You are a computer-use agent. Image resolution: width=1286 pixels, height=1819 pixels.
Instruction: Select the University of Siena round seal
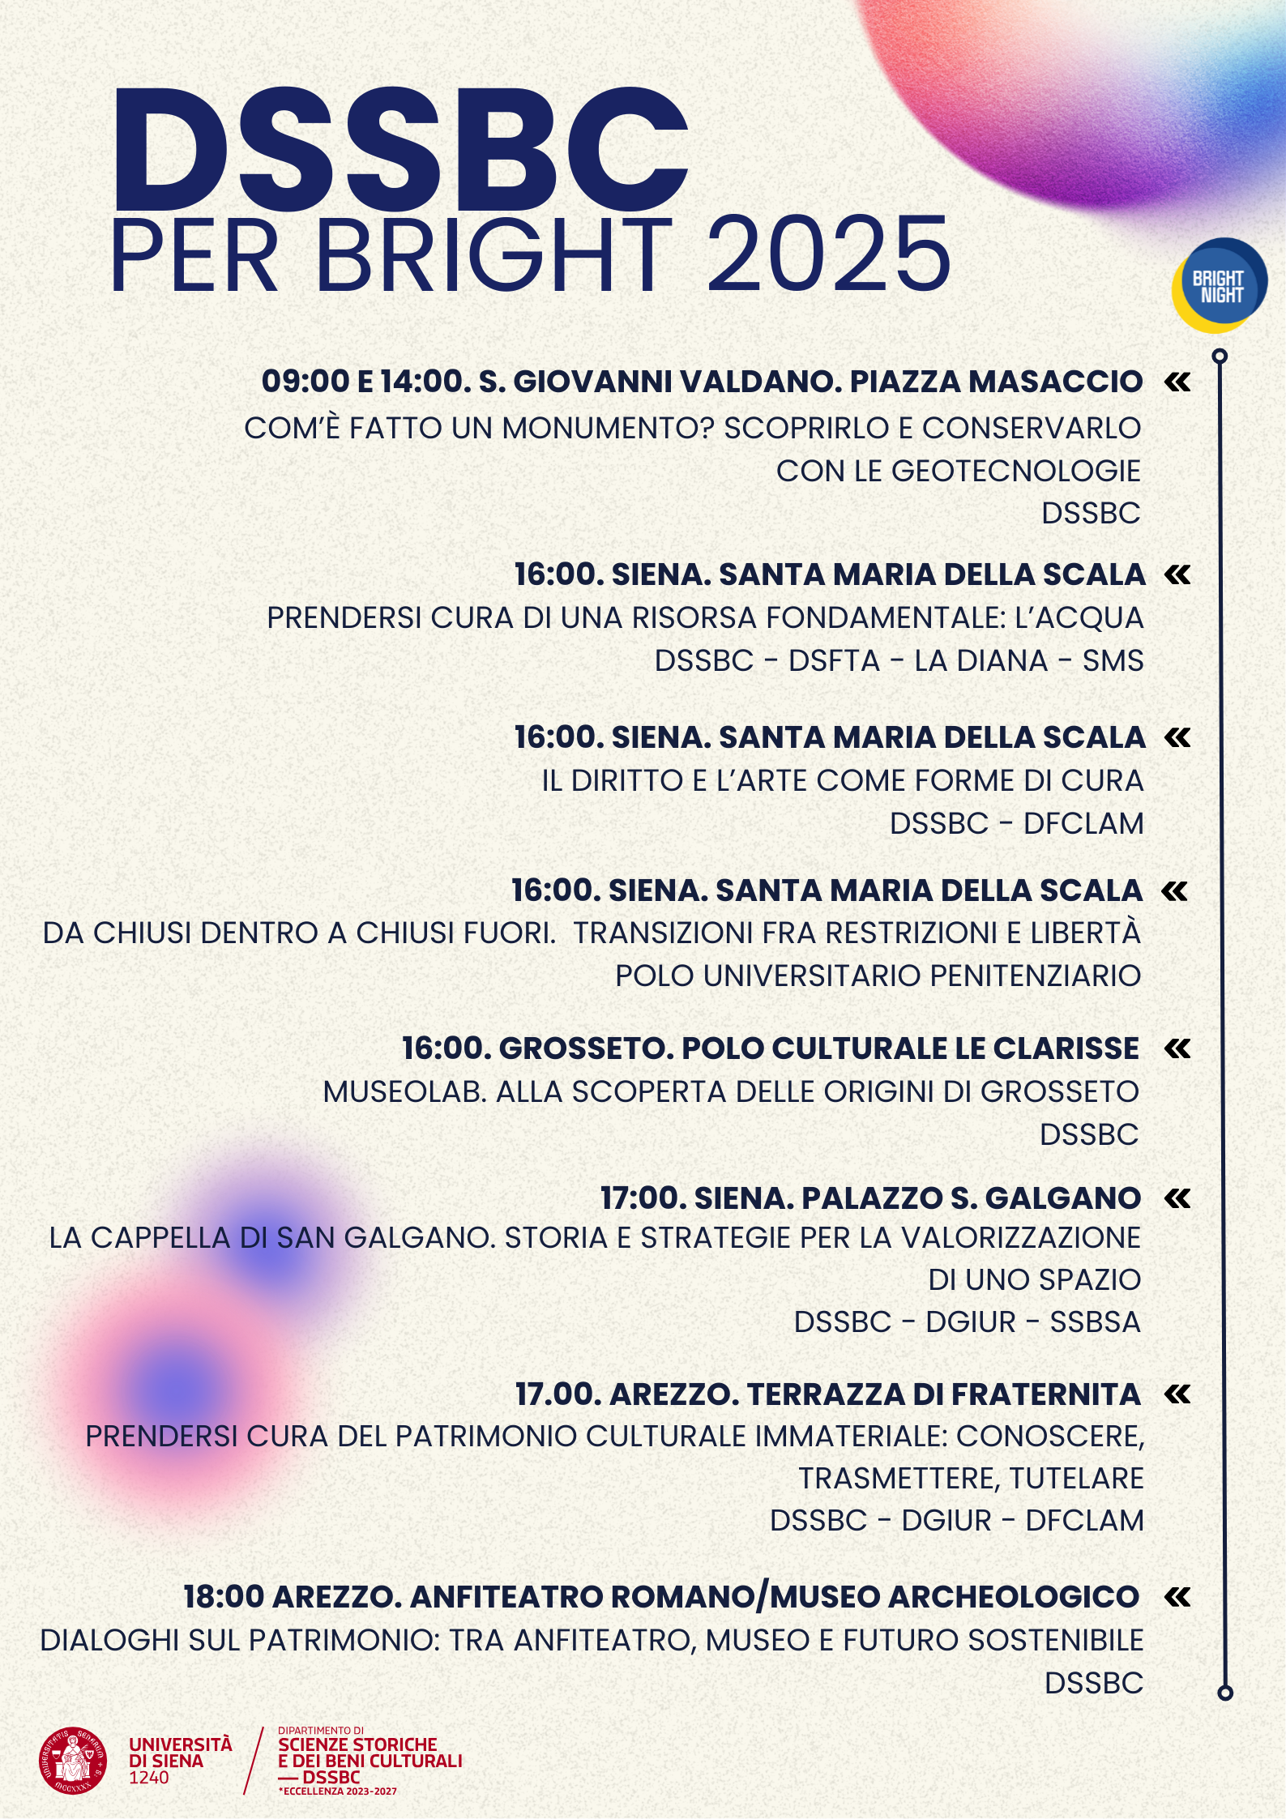[x=73, y=1761]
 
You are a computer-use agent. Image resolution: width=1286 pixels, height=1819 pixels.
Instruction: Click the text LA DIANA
[x=981, y=661]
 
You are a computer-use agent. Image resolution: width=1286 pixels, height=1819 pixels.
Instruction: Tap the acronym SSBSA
[x=1095, y=1322]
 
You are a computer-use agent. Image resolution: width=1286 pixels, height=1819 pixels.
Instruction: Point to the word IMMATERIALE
[x=852, y=1437]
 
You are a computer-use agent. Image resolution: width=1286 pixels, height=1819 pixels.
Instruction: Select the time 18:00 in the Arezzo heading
[x=224, y=1597]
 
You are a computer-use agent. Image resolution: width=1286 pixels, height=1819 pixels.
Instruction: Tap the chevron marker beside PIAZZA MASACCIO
[x=1177, y=382]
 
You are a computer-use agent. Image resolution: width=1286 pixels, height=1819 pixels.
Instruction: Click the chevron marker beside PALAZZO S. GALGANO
[x=1177, y=1198]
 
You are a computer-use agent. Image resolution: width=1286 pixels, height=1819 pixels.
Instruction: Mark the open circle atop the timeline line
[x=1220, y=357]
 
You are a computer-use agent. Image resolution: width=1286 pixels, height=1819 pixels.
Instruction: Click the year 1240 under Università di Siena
[x=149, y=1778]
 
